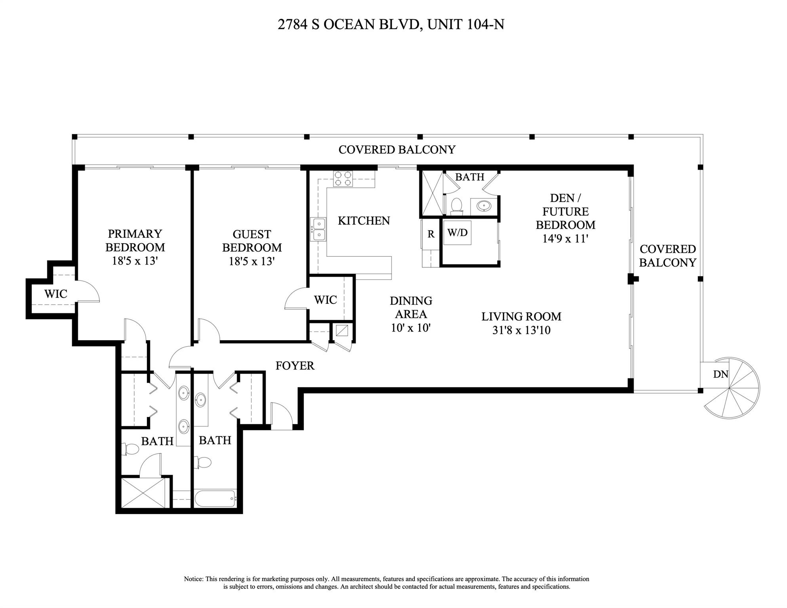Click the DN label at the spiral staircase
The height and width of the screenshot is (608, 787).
click(x=720, y=374)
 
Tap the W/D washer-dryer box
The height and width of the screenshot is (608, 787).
click(x=457, y=233)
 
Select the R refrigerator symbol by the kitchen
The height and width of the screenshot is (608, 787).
click(x=431, y=234)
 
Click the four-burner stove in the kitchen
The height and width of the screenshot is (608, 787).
click(x=343, y=178)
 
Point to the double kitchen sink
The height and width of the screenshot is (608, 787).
click(x=318, y=229)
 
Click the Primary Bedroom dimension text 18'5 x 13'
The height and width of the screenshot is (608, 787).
click(x=135, y=261)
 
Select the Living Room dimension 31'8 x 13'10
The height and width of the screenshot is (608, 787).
click(x=521, y=330)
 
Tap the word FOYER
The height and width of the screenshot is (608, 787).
click(x=295, y=366)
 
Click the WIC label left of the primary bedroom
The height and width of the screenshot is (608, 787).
click(x=55, y=294)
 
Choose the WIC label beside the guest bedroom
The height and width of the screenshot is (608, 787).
click(x=325, y=300)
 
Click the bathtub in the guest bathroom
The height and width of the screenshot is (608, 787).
click(x=215, y=498)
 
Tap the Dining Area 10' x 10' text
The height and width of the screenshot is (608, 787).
click(x=411, y=328)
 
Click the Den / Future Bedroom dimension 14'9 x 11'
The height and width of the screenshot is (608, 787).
click(x=565, y=239)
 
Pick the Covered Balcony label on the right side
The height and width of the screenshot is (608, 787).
click(x=667, y=256)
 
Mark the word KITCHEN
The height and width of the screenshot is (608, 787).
click(x=364, y=221)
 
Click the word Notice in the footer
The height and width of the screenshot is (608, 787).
click(x=193, y=579)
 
